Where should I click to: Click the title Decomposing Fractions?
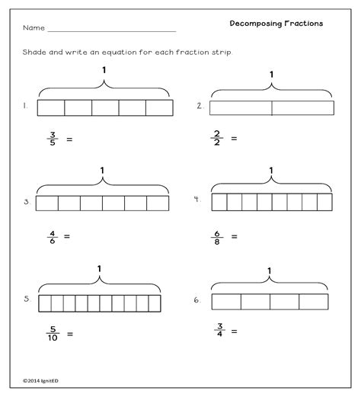(276, 24)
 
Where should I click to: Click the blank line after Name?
(111, 30)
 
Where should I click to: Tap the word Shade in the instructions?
(35, 52)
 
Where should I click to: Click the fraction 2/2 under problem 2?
(217, 138)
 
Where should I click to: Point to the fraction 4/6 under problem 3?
(51, 235)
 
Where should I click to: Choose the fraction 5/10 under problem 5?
(52, 333)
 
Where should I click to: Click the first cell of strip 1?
(50, 107)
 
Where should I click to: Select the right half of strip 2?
(302, 107)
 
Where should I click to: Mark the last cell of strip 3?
(158, 203)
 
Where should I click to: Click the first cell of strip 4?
(219, 202)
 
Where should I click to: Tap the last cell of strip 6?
(313, 301)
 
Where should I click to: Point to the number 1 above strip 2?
(271, 75)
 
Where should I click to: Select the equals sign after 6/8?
(234, 236)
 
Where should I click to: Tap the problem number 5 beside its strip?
(26, 299)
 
